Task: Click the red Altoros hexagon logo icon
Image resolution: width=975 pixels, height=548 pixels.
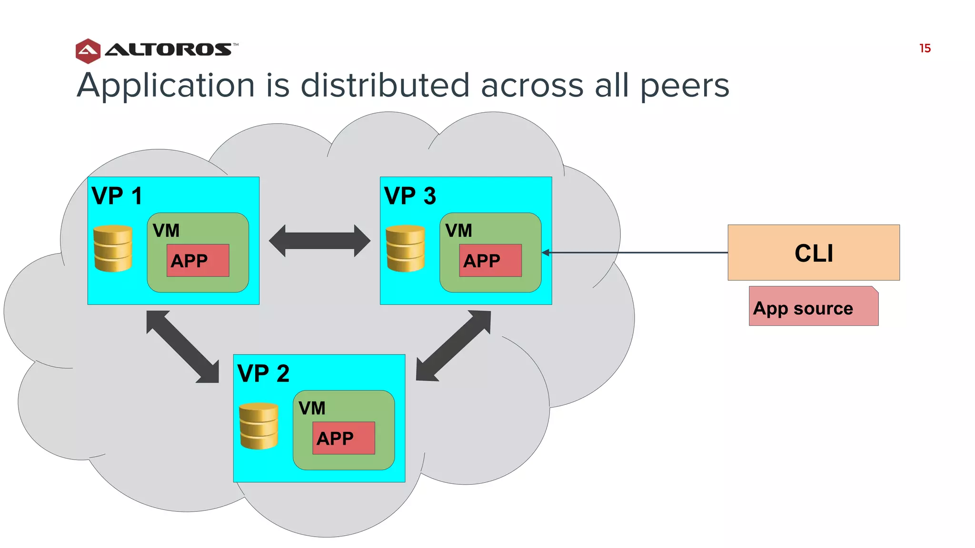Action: coord(88,51)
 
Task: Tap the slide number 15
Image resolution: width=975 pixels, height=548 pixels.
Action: coord(925,49)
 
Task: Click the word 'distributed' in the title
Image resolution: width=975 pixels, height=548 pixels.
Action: coord(385,86)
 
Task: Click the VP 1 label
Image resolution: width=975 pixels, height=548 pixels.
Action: coord(117,196)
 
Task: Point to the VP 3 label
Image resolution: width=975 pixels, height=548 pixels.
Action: coord(409,196)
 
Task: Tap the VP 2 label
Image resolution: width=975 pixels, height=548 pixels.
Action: coord(263,373)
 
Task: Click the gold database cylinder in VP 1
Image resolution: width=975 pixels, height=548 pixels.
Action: coord(113,248)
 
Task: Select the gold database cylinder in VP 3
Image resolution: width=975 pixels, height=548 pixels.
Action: coord(405,248)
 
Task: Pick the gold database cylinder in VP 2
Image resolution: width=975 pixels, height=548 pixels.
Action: coord(259,426)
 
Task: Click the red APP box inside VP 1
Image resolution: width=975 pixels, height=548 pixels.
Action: coord(198,261)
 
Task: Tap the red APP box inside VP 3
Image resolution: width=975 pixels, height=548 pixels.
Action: coord(490,261)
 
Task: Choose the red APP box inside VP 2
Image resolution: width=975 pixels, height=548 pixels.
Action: coord(343,438)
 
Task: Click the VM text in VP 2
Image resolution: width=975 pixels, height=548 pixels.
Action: coord(312,408)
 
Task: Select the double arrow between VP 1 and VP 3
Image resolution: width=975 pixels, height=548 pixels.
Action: coord(319,241)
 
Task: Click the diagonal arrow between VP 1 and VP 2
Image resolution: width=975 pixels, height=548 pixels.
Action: coord(183,347)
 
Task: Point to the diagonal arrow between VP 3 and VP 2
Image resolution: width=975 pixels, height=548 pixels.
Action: coord(453,346)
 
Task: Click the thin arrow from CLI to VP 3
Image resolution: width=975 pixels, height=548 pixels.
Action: coord(638,253)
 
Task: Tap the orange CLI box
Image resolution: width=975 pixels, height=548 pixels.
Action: coord(813,253)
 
